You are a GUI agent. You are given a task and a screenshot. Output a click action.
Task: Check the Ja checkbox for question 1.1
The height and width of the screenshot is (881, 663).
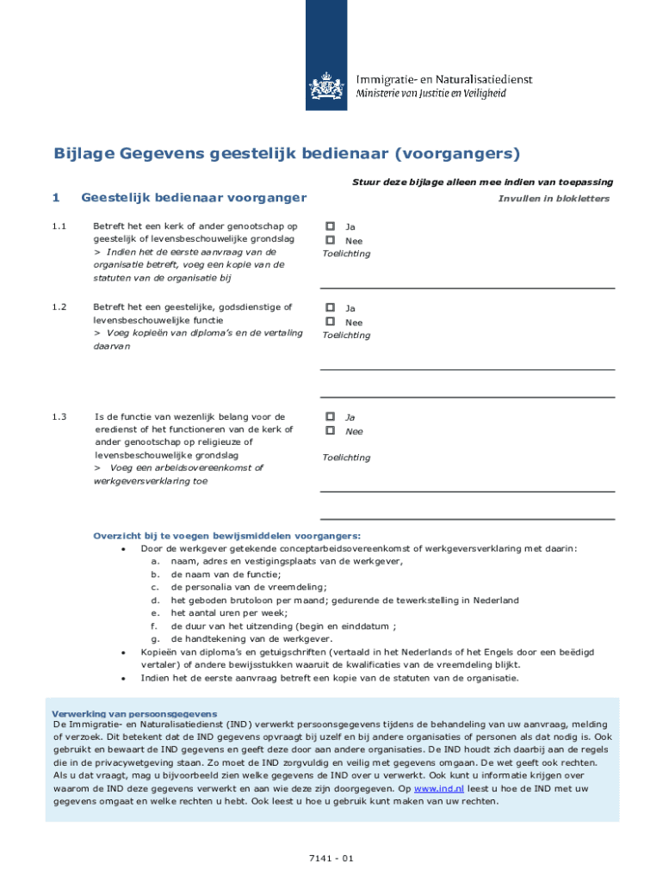point(329,227)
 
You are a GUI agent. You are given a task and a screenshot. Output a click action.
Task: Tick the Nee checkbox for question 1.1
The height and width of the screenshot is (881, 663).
point(329,241)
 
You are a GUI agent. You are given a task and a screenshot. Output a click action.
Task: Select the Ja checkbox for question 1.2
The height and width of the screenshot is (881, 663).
point(329,307)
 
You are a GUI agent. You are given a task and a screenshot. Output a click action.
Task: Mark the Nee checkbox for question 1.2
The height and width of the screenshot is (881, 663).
point(329,322)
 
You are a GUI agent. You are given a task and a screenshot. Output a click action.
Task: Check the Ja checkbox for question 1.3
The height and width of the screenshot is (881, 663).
point(329,416)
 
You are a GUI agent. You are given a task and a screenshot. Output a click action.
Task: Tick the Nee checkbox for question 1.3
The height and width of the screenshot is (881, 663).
point(329,430)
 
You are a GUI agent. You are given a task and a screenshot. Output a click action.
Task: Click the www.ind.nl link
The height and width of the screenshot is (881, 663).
point(439,787)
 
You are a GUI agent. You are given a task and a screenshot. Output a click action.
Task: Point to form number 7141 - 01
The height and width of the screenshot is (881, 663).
point(331,858)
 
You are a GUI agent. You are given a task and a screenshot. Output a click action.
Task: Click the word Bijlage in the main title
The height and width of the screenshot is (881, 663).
point(85,155)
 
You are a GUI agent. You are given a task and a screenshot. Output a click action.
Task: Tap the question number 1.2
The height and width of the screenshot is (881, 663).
point(59,307)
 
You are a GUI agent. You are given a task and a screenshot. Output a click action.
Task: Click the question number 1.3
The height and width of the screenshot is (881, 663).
point(59,417)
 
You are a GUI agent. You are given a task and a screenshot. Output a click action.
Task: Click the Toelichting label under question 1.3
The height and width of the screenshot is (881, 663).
point(346,458)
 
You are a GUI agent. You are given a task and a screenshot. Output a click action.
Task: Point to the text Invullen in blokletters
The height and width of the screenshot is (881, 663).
point(554,199)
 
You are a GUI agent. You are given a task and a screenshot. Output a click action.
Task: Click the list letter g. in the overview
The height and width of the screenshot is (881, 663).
point(155,639)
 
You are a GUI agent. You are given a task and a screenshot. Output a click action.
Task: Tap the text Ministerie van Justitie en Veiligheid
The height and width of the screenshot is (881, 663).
point(443,93)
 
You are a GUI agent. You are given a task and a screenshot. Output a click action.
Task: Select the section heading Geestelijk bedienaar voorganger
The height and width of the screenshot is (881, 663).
point(194,198)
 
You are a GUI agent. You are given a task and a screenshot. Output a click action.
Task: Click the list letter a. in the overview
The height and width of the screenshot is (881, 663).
point(155,561)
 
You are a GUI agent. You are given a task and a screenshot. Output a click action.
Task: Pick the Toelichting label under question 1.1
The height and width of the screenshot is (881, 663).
point(346,254)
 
